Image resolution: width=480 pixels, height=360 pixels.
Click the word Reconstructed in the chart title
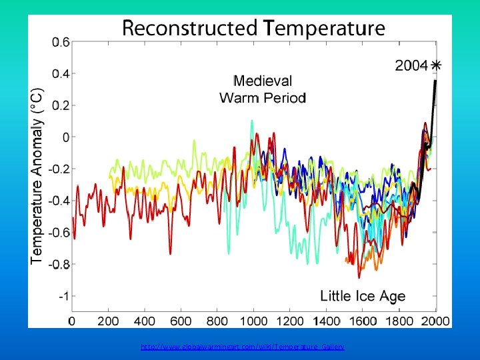tap(189, 29)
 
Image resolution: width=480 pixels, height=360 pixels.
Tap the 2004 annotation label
tap(411, 65)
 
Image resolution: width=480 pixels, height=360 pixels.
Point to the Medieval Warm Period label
tap(263, 89)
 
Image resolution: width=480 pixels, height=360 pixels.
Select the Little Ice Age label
tap(363, 295)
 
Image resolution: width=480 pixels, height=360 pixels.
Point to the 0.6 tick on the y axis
tap(61, 42)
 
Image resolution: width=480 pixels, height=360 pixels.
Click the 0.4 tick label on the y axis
tap(61, 73)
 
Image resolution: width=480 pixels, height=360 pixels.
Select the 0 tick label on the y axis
tap(65, 137)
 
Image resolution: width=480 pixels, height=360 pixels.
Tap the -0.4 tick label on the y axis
tap(59, 201)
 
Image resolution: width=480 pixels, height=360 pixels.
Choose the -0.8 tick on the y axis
tap(59, 264)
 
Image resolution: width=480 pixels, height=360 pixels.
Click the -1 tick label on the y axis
tap(63, 296)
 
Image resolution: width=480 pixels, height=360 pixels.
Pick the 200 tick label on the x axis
tap(109, 321)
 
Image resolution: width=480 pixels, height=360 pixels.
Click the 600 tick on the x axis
tap(181, 321)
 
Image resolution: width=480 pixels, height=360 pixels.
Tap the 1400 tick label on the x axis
tap(327, 321)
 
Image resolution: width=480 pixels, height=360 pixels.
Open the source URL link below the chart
tap(243, 347)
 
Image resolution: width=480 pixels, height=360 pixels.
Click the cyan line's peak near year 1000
tap(252, 121)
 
